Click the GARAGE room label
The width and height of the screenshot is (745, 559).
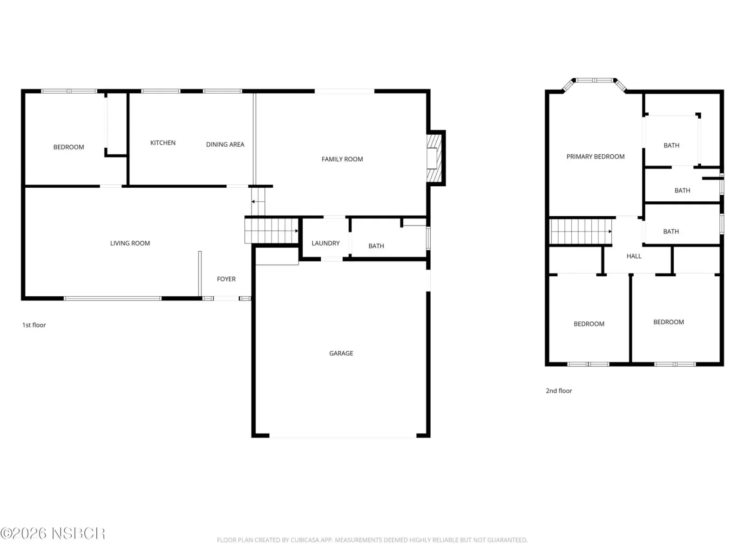coord(341,353)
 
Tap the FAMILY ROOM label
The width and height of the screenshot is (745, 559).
coord(342,159)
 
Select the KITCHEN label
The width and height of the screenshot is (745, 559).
coord(163,143)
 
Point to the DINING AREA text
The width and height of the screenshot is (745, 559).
coord(225,144)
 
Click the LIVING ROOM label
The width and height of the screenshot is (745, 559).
coord(130,243)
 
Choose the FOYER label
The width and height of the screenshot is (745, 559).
coord(226,279)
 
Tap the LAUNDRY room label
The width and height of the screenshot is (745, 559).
coord(325,243)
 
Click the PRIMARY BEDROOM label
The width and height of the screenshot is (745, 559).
coord(596,157)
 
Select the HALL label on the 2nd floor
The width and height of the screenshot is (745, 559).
coord(634,256)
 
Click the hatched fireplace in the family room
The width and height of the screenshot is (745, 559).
coord(434,158)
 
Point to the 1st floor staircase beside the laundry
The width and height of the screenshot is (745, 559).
coord(271,231)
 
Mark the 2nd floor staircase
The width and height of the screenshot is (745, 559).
coord(581,232)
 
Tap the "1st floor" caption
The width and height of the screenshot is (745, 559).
coord(34,325)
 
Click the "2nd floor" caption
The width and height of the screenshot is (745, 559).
coord(559,391)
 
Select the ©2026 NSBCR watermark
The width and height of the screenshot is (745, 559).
coord(53,533)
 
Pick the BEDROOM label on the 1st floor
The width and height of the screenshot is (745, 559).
coord(68,147)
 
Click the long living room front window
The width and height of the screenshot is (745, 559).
coord(112,299)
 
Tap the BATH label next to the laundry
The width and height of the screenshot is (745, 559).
coord(376,246)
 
